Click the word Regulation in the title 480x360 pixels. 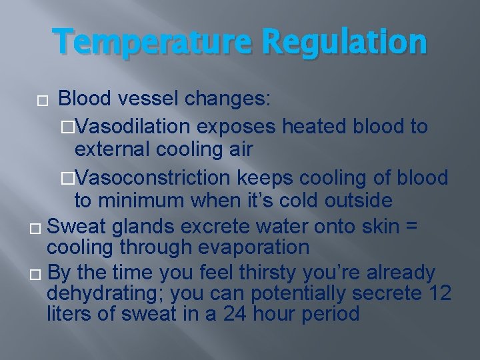pyautogui.click(x=344, y=41)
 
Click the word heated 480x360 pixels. pyautogui.click(x=317, y=126)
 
